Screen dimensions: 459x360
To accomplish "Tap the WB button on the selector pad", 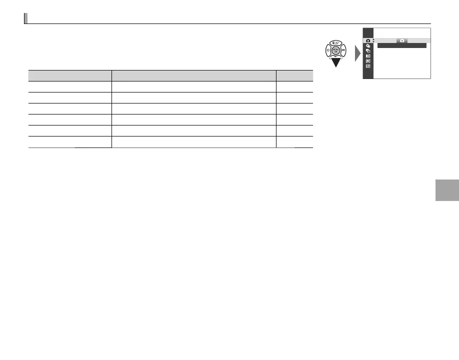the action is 343,50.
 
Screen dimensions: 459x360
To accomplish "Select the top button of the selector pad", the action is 336,43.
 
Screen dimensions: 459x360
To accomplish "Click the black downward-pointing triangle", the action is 336,62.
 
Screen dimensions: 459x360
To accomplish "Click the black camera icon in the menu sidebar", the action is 368,40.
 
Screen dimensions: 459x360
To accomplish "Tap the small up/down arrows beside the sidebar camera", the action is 373,40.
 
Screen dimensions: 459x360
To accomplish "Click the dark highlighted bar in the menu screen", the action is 401,45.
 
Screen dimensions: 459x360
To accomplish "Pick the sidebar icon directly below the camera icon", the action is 368,45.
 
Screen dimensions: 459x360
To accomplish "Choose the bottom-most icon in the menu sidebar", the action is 368,66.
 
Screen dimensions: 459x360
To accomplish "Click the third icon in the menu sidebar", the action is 368,50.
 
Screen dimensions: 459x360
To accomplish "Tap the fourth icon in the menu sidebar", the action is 368,55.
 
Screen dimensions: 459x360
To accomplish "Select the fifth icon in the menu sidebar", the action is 368,60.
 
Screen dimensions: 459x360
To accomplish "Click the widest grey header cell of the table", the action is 193,75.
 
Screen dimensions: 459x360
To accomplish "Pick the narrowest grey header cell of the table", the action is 294,75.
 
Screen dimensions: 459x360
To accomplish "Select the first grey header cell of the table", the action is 69,75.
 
